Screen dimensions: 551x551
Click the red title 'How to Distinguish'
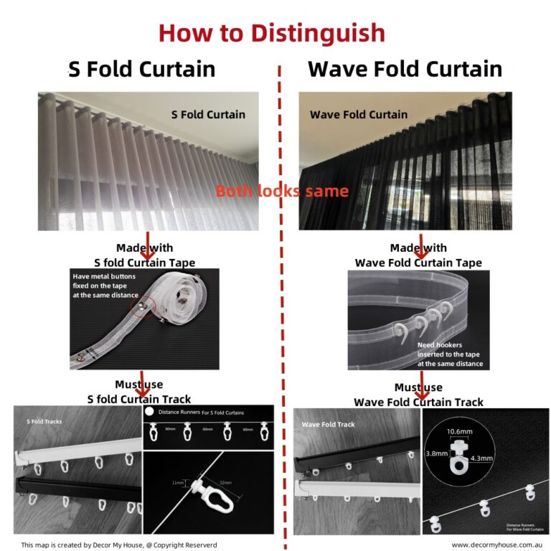pos(271,33)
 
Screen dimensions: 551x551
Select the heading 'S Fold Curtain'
pos(141,69)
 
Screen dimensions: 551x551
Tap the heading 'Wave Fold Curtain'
pos(405,69)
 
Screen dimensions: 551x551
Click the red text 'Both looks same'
pos(282,192)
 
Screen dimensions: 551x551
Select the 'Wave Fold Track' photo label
pos(328,424)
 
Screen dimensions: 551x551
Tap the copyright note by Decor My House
pos(118,545)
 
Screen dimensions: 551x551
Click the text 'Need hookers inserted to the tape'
pos(450,354)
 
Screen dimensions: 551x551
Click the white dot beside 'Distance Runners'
pos(149,413)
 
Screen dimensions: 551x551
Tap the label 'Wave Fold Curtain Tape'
pos(418,263)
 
